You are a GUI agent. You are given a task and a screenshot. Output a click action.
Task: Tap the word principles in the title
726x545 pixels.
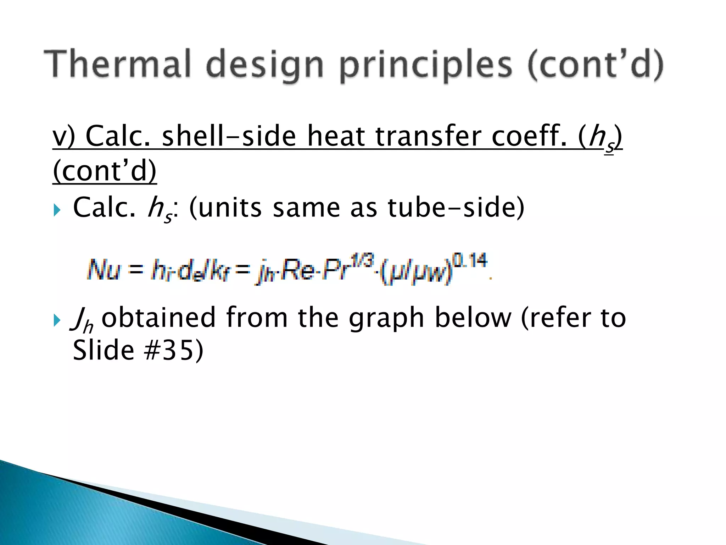426,66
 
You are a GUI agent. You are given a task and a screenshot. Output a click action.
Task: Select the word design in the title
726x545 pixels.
264,66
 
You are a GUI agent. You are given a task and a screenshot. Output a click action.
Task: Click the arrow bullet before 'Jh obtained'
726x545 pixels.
57,320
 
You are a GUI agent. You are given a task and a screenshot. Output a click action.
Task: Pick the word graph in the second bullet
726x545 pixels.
386,318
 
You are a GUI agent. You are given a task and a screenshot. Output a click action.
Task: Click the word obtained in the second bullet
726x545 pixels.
158,317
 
